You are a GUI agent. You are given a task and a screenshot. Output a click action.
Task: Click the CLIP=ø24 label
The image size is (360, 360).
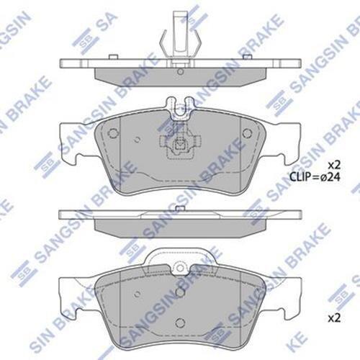point(315,177)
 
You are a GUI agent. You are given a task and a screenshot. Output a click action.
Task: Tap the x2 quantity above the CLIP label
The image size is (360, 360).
point(334,165)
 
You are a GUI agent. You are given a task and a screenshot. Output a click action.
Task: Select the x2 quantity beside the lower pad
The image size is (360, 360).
point(334,318)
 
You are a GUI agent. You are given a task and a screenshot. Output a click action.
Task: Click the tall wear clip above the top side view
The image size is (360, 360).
point(180,38)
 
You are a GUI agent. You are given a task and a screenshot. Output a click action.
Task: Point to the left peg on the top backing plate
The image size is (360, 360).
point(113,56)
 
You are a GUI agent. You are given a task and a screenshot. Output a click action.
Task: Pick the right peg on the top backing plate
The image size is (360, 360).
point(247,56)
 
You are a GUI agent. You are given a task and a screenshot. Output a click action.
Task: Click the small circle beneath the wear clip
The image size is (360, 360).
point(180,71)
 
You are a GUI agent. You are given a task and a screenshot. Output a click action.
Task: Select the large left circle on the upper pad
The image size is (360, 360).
point(113,132)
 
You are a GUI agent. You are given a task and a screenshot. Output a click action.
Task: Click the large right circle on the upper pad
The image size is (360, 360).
point(247,132)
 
